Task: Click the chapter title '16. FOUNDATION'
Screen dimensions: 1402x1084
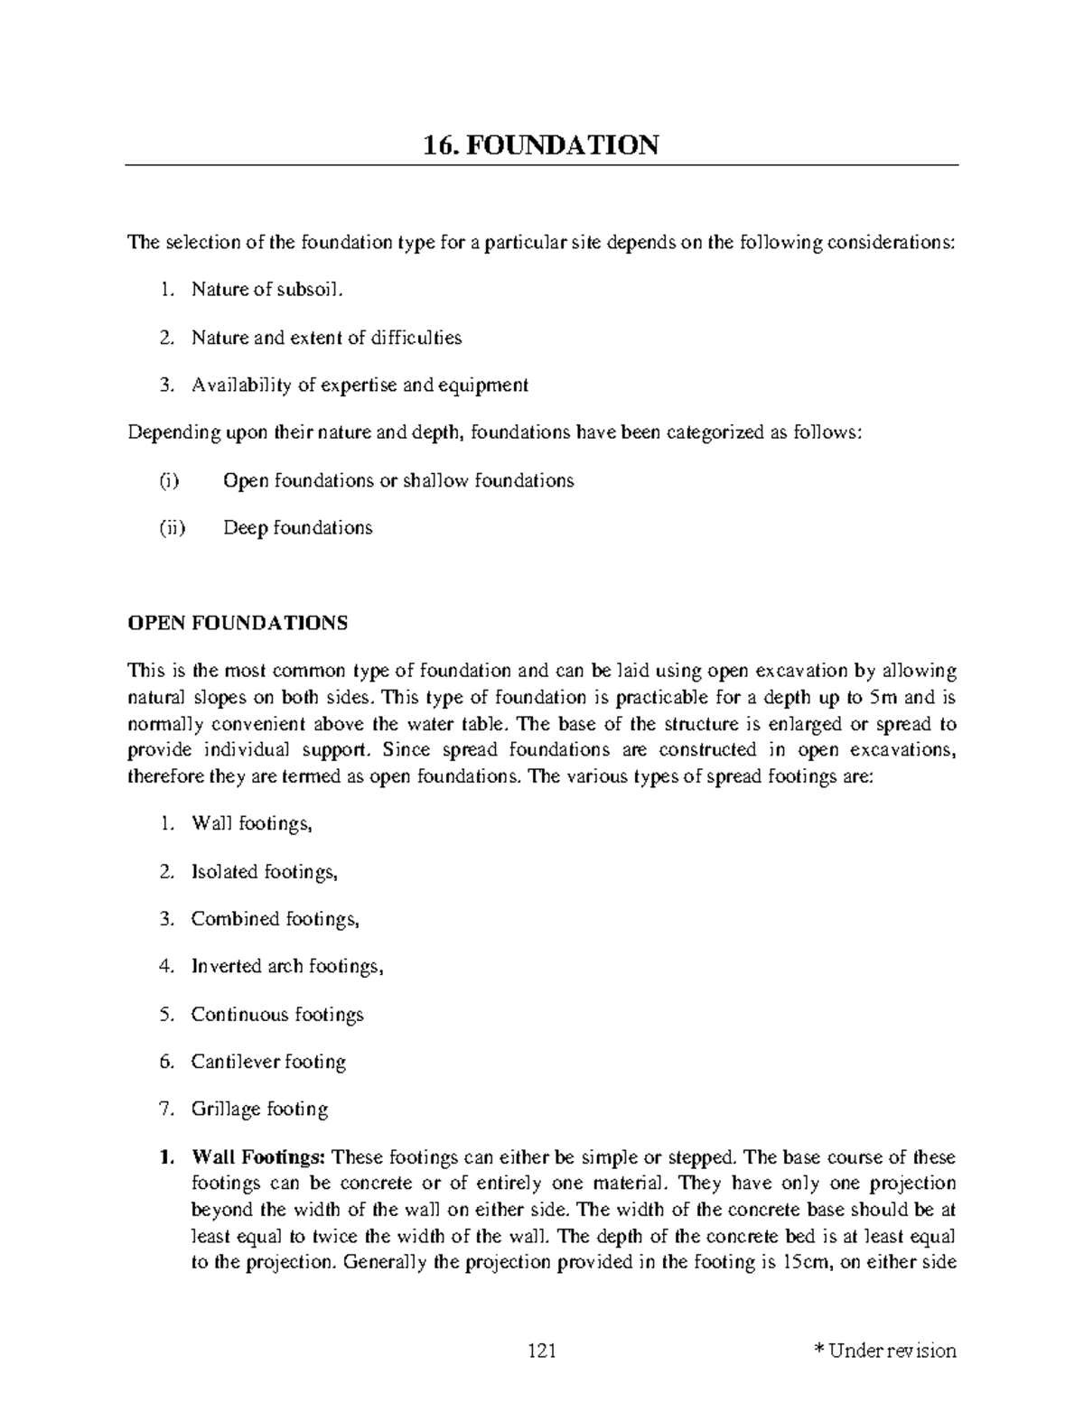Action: coord(541,144)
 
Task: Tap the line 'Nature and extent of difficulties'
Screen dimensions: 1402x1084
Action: coord(326,338)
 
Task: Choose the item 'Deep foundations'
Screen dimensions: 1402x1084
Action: coord(297,528)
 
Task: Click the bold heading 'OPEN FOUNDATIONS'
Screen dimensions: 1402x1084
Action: coord(238,624)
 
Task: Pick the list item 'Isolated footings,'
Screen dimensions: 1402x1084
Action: coord(264,872)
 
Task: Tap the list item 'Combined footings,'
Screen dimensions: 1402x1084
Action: coord(275,920)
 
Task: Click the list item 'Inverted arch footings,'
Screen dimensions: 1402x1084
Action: coord(287,967)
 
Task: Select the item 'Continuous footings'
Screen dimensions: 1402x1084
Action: coord(276,1015)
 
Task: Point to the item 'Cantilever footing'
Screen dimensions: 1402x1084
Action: coord(268,1063)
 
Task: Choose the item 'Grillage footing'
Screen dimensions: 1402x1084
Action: coord(259,1110)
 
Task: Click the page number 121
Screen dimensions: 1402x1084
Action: coord(541,1351)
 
